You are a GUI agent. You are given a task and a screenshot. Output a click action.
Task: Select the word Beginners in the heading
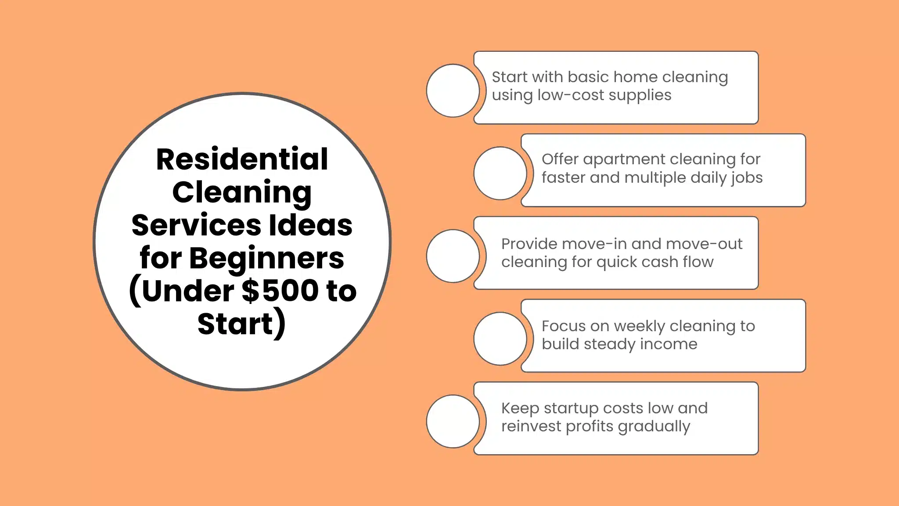(x=266, y=258)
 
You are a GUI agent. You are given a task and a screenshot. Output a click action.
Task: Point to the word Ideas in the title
(x=310, y=225)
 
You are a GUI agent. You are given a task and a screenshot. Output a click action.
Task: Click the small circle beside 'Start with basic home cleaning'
(x=453, y=90)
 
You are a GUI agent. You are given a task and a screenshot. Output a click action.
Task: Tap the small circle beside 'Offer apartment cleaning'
(x=500, y=173)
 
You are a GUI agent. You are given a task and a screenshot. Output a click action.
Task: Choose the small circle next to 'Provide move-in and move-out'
(x=453, y=256)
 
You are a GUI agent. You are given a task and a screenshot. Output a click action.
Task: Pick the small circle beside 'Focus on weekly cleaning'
(x=500, y=338)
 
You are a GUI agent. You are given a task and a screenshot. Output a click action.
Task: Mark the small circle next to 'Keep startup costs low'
(x=453, y=421)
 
